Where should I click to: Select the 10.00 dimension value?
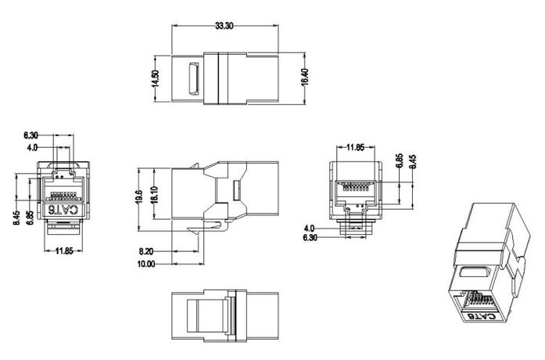pyautogui.click(x=147, y=265)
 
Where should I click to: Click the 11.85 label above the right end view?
pyautogui.click(x=356, y=146)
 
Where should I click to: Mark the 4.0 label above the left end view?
pyautogui.click(x=32, y=146)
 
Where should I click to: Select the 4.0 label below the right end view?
pyautogui.click(x=310, y=229)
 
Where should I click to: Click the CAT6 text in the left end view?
pyautogui.click(x=64, y=210)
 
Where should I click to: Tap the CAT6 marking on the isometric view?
pyautogui.click(x=487, y=315)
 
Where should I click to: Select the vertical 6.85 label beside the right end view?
pyautogui.click(x=399, y=162)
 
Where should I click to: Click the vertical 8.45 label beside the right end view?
pyautogui.click(x=412, y=162)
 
